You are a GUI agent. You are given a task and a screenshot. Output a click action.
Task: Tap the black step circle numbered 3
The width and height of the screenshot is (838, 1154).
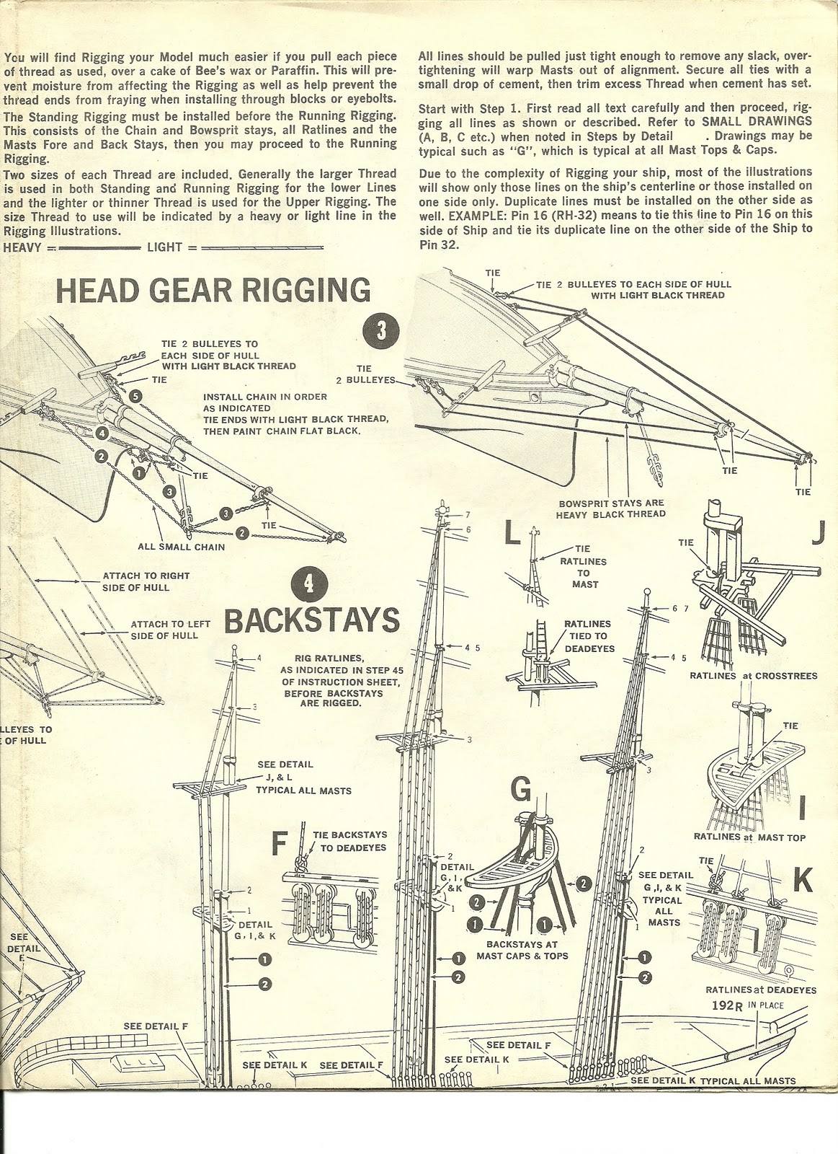click(381, 330)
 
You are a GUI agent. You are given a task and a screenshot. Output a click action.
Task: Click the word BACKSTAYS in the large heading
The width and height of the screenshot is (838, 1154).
click(311, 620)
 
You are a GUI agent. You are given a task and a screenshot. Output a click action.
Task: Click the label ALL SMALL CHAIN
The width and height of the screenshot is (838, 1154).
click(182, 547)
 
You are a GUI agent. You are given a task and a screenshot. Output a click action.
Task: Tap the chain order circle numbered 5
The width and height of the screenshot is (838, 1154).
click(136, 395)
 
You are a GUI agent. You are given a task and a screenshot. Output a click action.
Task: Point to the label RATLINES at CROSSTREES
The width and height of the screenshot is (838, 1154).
click(753, 676)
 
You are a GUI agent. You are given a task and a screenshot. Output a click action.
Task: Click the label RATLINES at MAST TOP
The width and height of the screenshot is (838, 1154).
click(749, 837)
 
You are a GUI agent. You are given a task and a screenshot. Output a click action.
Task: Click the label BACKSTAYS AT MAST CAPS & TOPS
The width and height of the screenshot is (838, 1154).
click(522, 950)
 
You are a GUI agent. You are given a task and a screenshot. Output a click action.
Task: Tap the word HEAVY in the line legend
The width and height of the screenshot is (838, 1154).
click(23, 247)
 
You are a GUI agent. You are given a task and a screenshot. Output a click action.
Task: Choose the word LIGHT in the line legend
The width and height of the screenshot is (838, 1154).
click(164, 247)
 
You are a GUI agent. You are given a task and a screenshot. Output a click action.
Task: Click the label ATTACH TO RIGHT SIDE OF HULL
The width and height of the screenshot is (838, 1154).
click(146, 581)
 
